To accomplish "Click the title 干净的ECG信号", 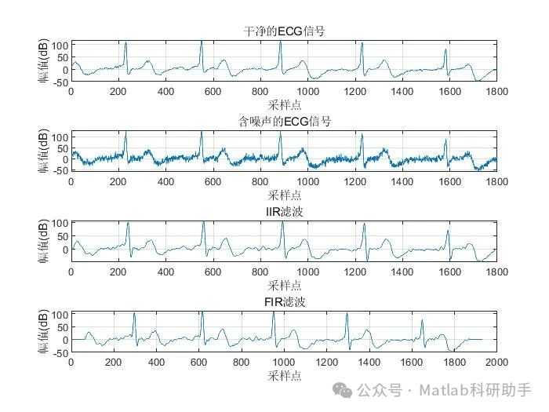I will pyautogui.click(x=284, y=31).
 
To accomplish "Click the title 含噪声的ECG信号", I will pyautogui.click(x=284, y=122).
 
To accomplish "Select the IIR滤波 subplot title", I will pyautogui.click(x=284, y=212).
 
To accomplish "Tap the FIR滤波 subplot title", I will pyautogui.click(x=284, y=302).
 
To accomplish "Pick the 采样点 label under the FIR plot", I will pyautogui.click(x=284, y=376).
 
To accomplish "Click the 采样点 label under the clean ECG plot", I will pyautogui.click(x=284, y=104).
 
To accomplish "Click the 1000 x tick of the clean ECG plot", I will pyautogui.click(x=307, y=91).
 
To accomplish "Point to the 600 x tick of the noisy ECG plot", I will pyautogui.click(x=213, y=181).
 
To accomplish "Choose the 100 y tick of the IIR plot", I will pyautogui.click(x=61, y=223).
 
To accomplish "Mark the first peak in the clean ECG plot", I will pyautogui.click(x=125, y=43).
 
